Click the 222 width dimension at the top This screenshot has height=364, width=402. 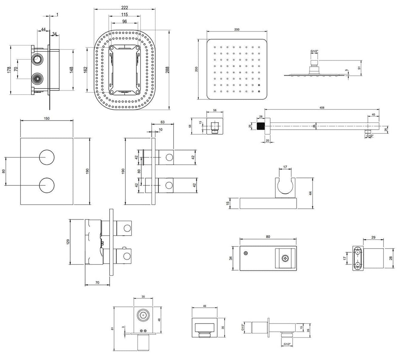pos(125,8)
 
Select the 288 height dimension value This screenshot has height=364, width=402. pos(168,70)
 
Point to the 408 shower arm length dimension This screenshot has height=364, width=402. pos(322,108)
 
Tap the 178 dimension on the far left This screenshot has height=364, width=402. pos(9,70)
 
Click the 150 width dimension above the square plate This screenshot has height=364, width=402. pos(47,119)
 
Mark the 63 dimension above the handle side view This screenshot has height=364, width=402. pos(162,122)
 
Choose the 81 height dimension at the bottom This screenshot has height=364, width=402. pos(113,328)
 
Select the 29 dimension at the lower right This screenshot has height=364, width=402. pos(373,237)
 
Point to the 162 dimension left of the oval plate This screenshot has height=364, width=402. pos(85,70)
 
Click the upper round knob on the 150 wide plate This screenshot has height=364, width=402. pos(47,157)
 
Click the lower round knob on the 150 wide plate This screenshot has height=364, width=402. pos(47,185)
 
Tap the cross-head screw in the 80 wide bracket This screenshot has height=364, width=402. pos(284,258)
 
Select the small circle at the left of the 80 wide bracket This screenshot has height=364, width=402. pos(245,254)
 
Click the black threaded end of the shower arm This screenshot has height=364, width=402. pos(261,126)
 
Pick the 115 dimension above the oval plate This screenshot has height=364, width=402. pos(125,15)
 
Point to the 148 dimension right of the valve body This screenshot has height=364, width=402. pos(71,70)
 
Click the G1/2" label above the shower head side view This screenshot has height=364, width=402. pos(315,51)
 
